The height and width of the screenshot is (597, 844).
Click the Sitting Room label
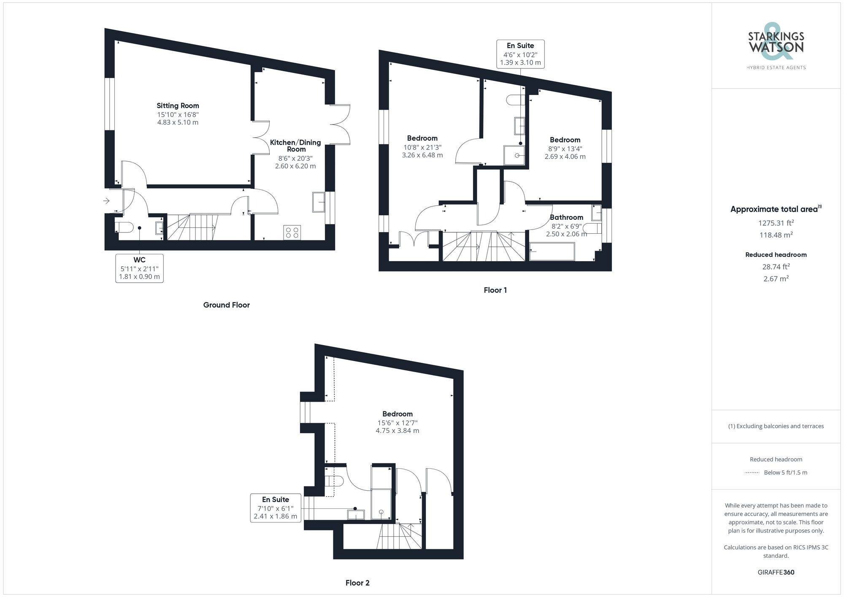click(x=178, y=106)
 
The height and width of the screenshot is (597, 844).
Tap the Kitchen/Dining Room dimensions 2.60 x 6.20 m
click(x=295, y=166)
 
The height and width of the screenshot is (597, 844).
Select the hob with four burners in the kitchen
click(x=292, y=232)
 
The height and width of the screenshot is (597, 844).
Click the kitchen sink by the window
click(x=318, y=202)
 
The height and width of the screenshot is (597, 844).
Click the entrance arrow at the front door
click(x=106, y=201)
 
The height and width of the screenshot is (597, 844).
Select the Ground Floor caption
click(x=226, y=305)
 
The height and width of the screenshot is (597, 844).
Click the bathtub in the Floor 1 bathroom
click(x=552, y=252)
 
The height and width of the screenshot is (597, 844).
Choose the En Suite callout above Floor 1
click(x=520, y=54)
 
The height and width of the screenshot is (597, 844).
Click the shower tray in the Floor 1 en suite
click(x=514, y=155)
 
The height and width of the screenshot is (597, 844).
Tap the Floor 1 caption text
click(x=495, y=290)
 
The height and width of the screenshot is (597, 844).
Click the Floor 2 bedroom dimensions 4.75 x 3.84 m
click(x=397, y=431)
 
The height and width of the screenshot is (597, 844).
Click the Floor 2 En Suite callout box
click(x=276, y=508)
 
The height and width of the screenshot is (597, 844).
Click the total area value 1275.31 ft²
click(x=776, y=223)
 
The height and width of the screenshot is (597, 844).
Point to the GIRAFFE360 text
click(x=776, y=573)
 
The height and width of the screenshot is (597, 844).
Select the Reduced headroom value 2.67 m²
click(x=776, y=279)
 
